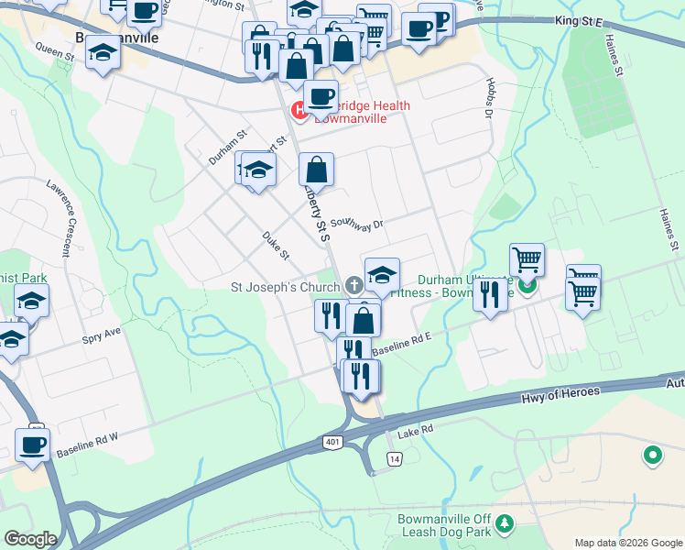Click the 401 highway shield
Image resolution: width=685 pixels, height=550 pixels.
pos(332,443)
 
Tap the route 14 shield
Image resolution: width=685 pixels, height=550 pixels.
pos(394,458)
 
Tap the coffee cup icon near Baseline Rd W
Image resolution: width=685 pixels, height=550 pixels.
pos(33,445)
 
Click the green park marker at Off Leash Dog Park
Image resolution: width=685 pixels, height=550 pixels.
pos(506,525)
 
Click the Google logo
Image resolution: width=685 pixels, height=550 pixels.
pos(29,539)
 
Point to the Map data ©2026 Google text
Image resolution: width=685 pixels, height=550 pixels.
pos(628,543)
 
